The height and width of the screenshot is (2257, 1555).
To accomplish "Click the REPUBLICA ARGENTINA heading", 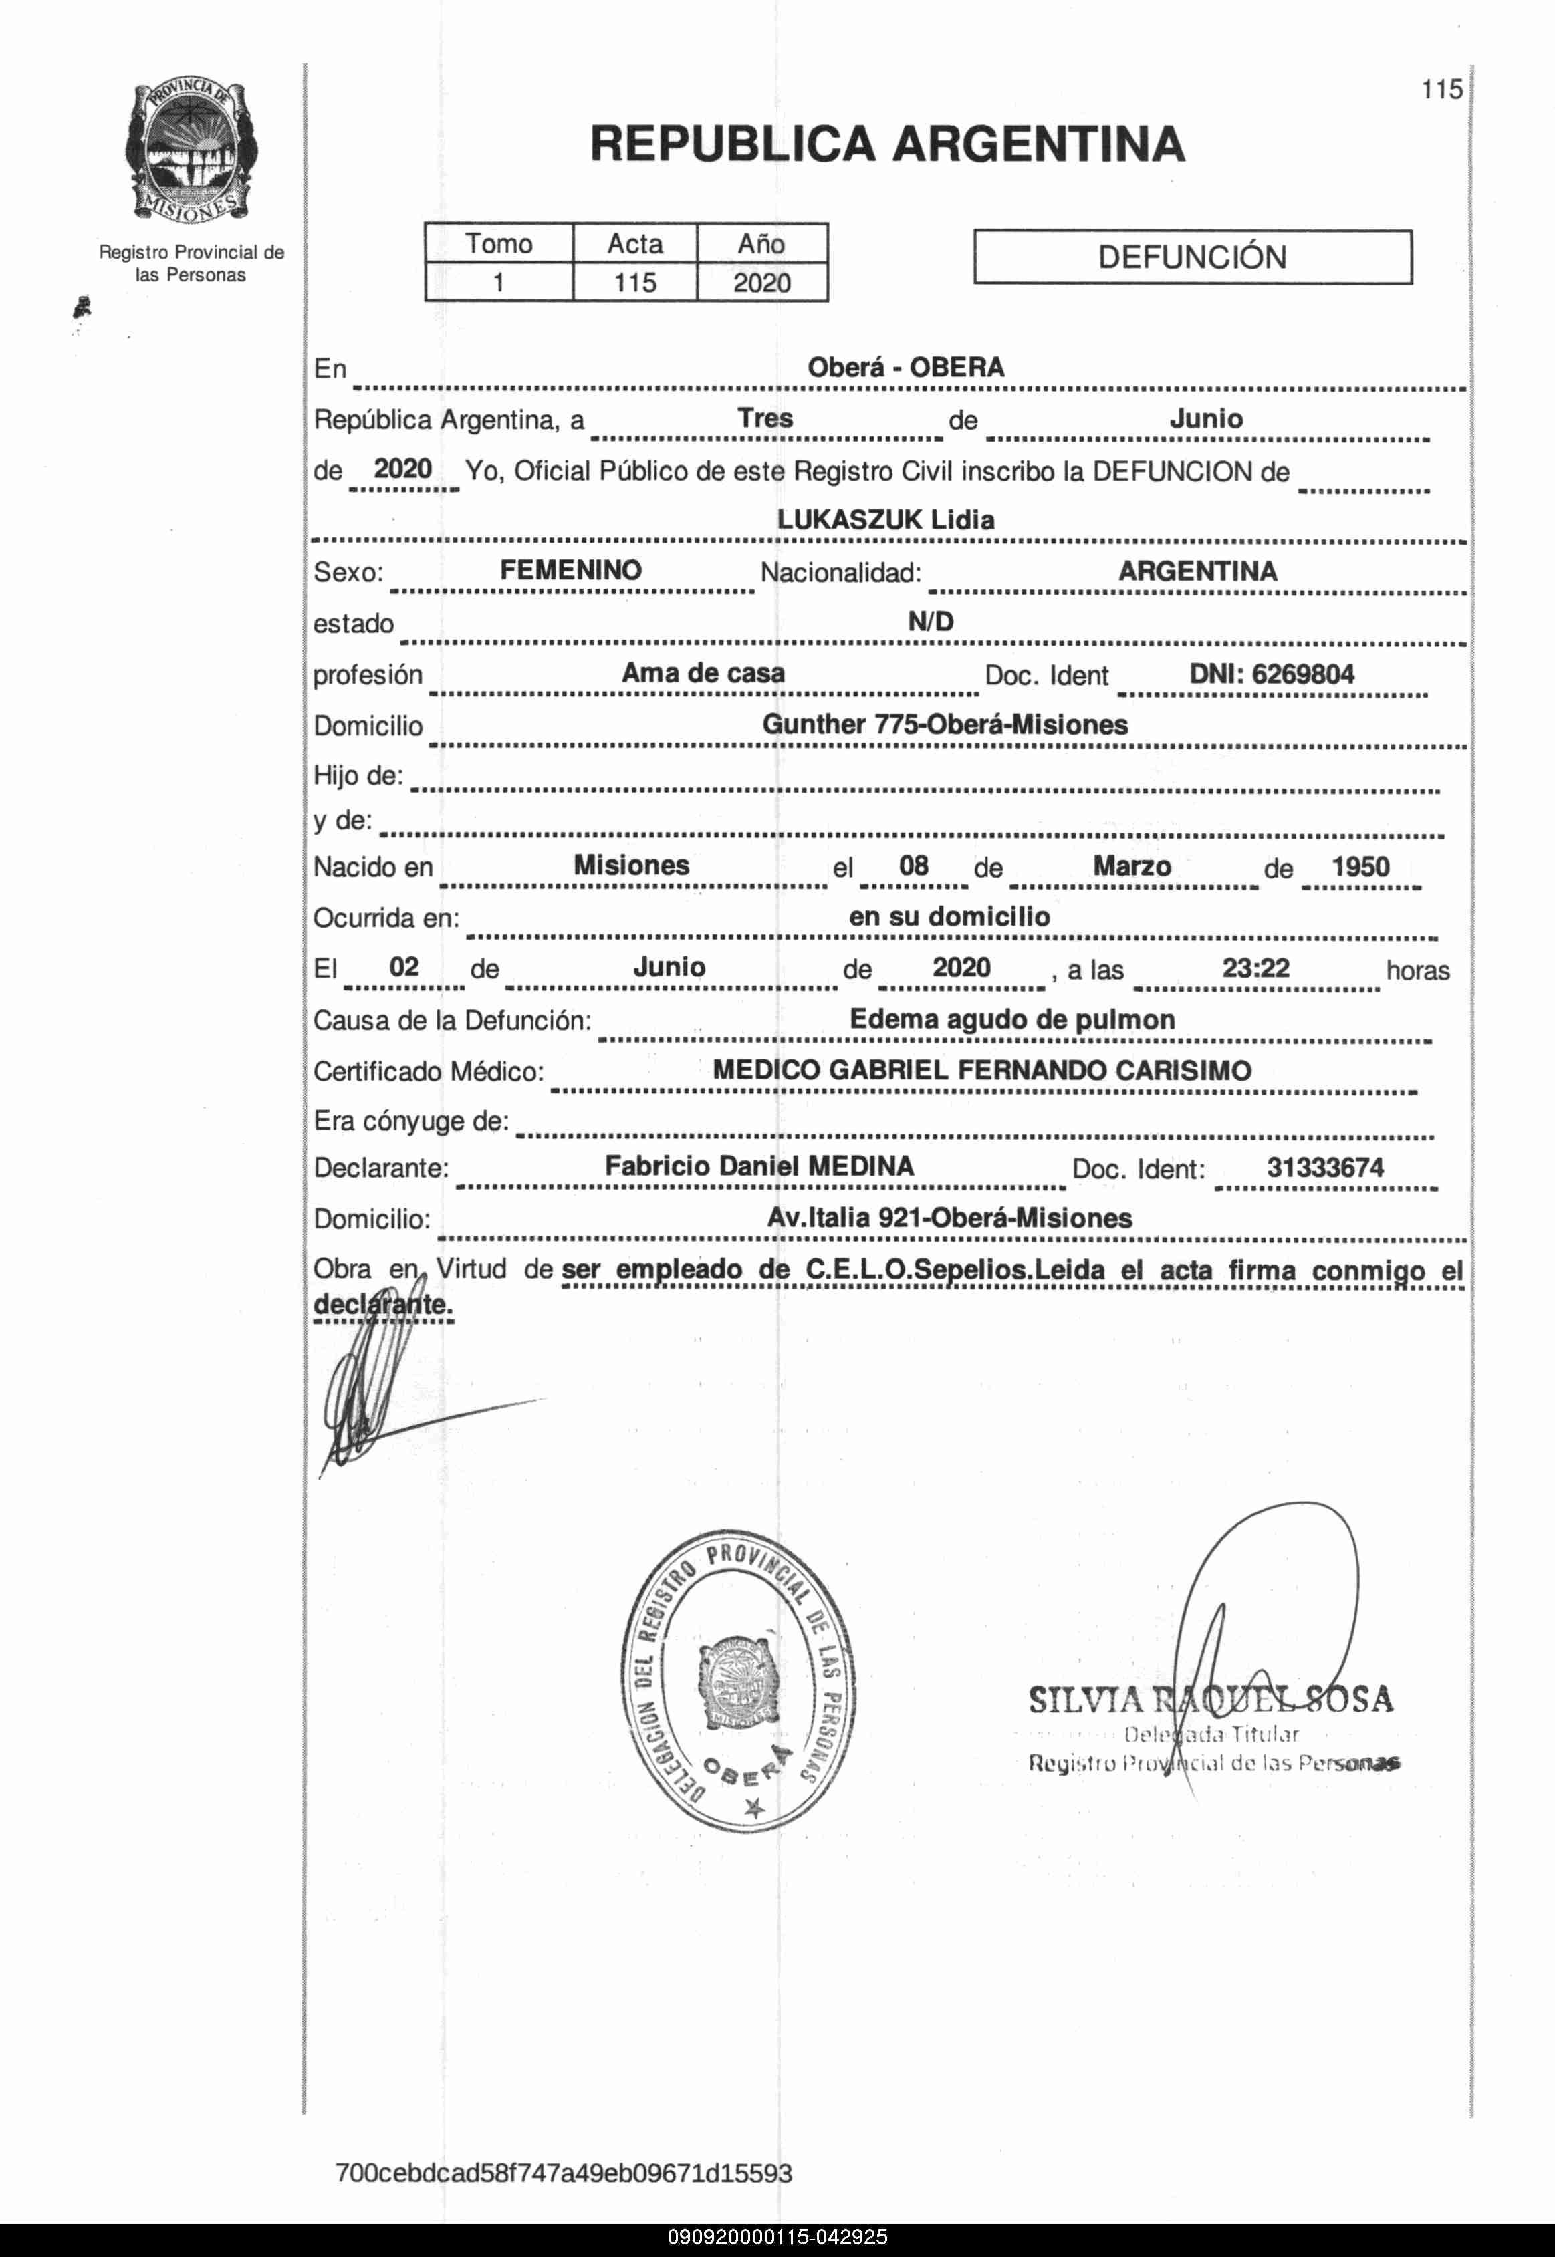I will (886, 144).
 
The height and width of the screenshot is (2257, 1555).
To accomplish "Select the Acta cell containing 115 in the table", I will (634, 283).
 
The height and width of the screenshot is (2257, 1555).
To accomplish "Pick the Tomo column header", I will (499, 243).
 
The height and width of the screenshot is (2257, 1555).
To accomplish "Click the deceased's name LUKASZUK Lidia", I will (886, 519).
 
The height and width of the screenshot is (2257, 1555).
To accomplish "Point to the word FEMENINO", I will (571, 570).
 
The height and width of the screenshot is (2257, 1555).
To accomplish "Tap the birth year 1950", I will (1360, 866).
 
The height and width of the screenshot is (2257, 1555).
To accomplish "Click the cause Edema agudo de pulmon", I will (1011, 1019).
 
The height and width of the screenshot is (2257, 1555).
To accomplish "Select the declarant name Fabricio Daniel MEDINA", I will (759, 1166).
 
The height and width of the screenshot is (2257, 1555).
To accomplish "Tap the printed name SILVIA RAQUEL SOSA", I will (1210, 1700).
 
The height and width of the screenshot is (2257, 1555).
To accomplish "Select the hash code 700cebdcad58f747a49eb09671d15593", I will (563, 2173).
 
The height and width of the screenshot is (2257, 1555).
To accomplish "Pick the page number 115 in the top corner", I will (1441, 90).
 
